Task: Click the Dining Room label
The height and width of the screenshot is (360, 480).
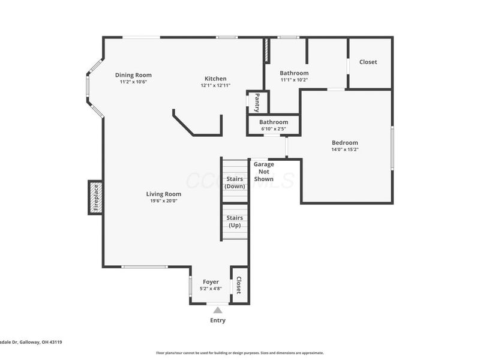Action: point(133,75)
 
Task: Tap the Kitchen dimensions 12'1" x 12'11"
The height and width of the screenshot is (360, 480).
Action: point(215,86)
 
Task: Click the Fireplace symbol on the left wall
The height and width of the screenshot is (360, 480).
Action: point(95,197)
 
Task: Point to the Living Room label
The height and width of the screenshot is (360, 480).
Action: point(163,194)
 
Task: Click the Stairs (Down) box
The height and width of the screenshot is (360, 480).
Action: point(235,182)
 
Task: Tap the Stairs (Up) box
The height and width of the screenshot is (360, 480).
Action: point(235,221)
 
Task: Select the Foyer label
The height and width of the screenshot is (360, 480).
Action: point(210,281)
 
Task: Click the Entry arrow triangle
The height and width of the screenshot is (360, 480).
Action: point(218,310)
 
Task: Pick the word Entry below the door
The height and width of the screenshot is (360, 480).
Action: point(218,320)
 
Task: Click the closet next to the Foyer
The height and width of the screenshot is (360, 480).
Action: point(239,285)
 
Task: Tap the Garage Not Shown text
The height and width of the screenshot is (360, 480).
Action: point(263,171)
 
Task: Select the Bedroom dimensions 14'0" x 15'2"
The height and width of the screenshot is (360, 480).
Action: point(344,150)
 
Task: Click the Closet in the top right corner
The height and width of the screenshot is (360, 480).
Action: point(368,62)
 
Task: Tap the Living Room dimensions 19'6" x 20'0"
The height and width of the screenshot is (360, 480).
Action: point(163,201)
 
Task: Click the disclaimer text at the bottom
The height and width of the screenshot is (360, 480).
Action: point(240,353)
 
